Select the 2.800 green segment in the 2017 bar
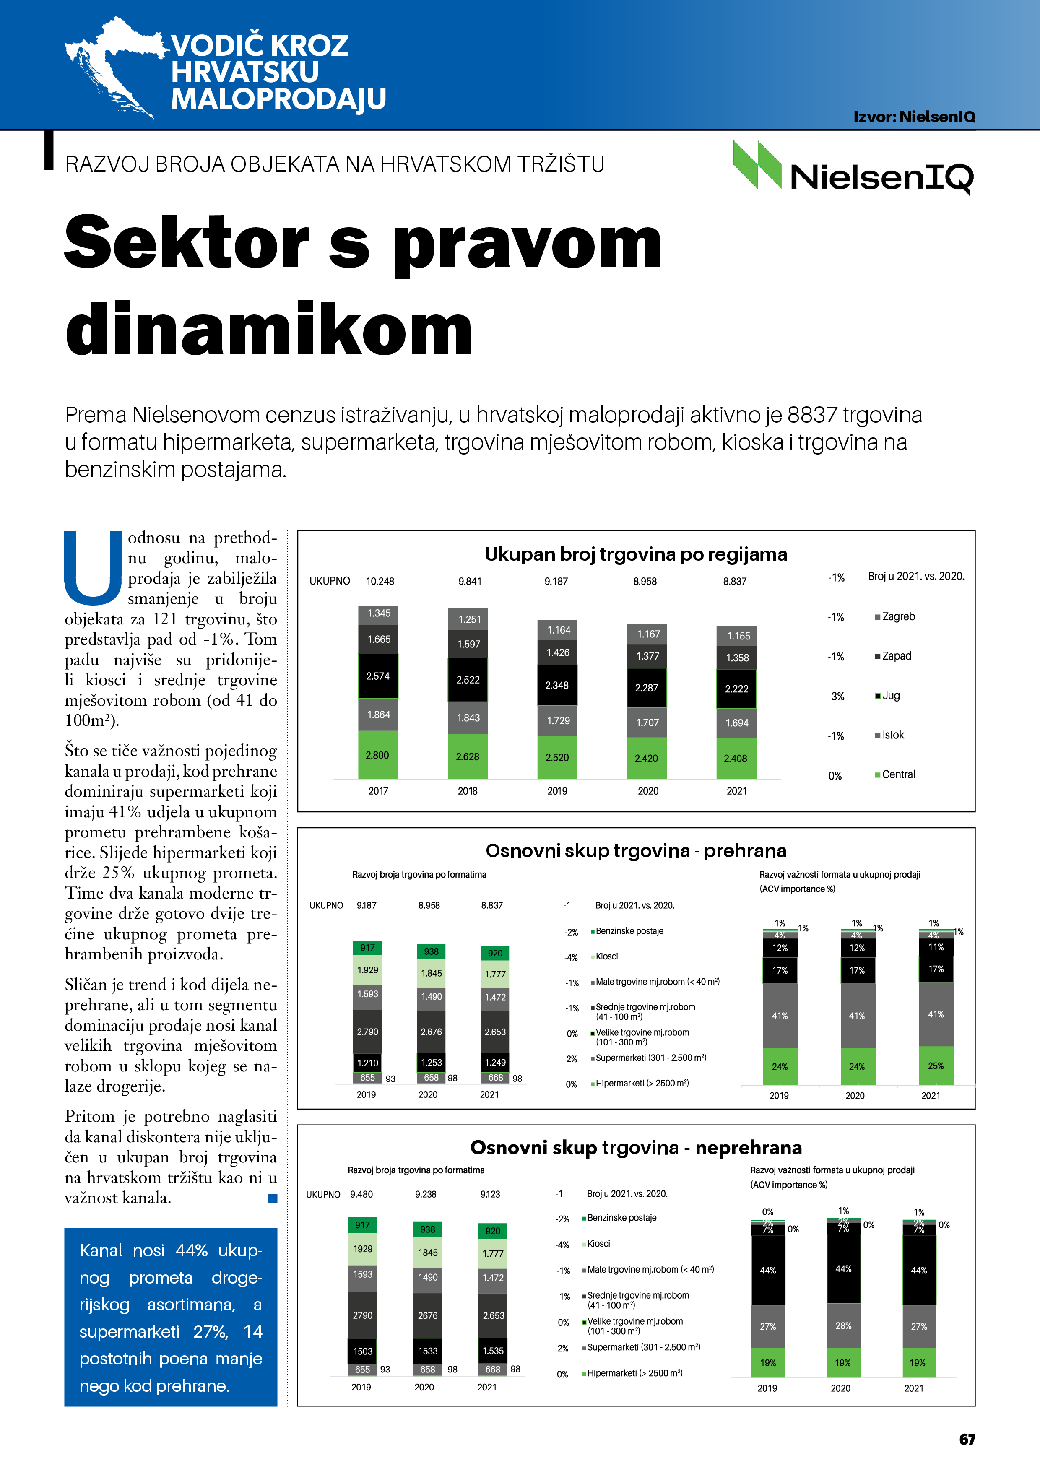[377, 755]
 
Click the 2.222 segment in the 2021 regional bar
[736, 689]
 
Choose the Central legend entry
[898, 774]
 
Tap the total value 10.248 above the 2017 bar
[380, 581]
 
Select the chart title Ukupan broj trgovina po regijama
[636, 554]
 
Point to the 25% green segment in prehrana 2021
[936, 1066]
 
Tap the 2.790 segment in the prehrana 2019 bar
[367, 1032]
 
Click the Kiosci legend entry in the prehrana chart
[606, 956]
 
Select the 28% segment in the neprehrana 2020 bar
[843, 1325]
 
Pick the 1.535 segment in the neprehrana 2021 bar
[493, 1351]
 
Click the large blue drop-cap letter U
[93, 567]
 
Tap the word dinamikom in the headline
[269, 330]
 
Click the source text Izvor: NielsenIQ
[914, 117]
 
